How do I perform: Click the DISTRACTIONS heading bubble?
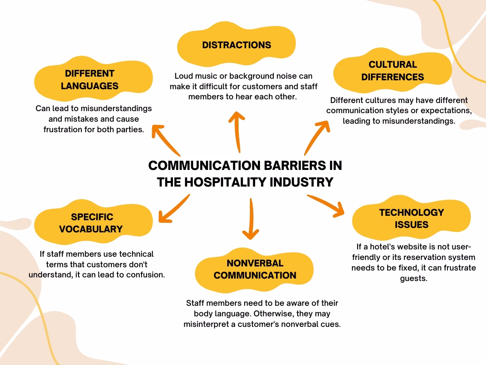[237, 45]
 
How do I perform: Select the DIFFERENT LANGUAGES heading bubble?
[90, 79]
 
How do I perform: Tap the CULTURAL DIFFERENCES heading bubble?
[392, 71]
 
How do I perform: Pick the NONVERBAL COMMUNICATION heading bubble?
[255, 269]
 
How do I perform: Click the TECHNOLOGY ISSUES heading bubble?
[411, 218]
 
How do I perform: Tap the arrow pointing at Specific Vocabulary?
[173, 208]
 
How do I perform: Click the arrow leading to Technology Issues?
[327, 205]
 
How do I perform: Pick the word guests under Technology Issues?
[414, 279]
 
